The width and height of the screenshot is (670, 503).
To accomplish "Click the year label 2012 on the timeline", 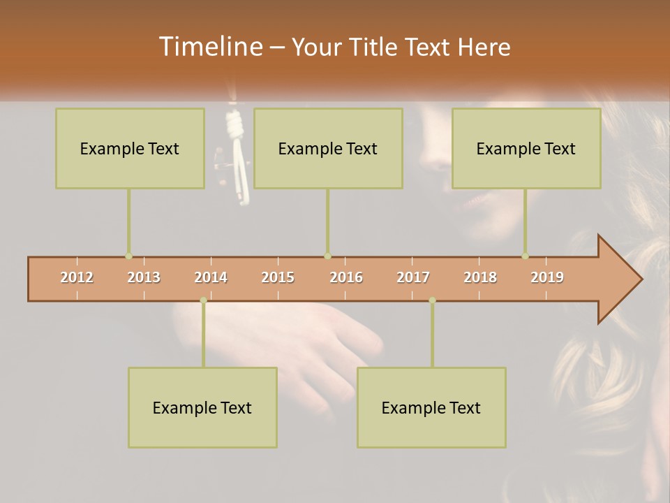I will pos(77,277).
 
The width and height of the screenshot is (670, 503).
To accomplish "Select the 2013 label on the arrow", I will pos(144,277).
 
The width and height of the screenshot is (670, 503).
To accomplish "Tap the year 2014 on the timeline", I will pos(211,277).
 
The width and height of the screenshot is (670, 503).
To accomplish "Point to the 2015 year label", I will pos(278,277).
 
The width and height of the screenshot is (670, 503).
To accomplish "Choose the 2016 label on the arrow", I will pos(346,277).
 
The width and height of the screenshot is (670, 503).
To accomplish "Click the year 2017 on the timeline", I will pos(413,277).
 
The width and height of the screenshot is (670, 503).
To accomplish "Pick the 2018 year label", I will pos(480,277).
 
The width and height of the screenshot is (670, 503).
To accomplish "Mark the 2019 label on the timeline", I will pos(547,277).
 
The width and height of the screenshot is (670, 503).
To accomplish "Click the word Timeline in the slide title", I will pos(209,47).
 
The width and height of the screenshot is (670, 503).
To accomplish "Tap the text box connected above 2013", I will pos(130,148).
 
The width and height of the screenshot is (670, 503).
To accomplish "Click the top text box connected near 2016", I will pos(328,148).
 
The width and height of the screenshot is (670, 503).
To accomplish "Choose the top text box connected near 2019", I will pos(526,148).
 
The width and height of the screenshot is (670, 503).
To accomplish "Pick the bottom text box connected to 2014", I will pos(202,407).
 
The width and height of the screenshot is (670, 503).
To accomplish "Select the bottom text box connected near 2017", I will pos(431,407).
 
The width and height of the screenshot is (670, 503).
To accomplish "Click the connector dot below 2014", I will pos(203,300).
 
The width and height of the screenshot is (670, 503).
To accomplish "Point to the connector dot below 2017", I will pos(432,300).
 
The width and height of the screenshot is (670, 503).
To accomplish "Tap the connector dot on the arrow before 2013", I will pos(128,256).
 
